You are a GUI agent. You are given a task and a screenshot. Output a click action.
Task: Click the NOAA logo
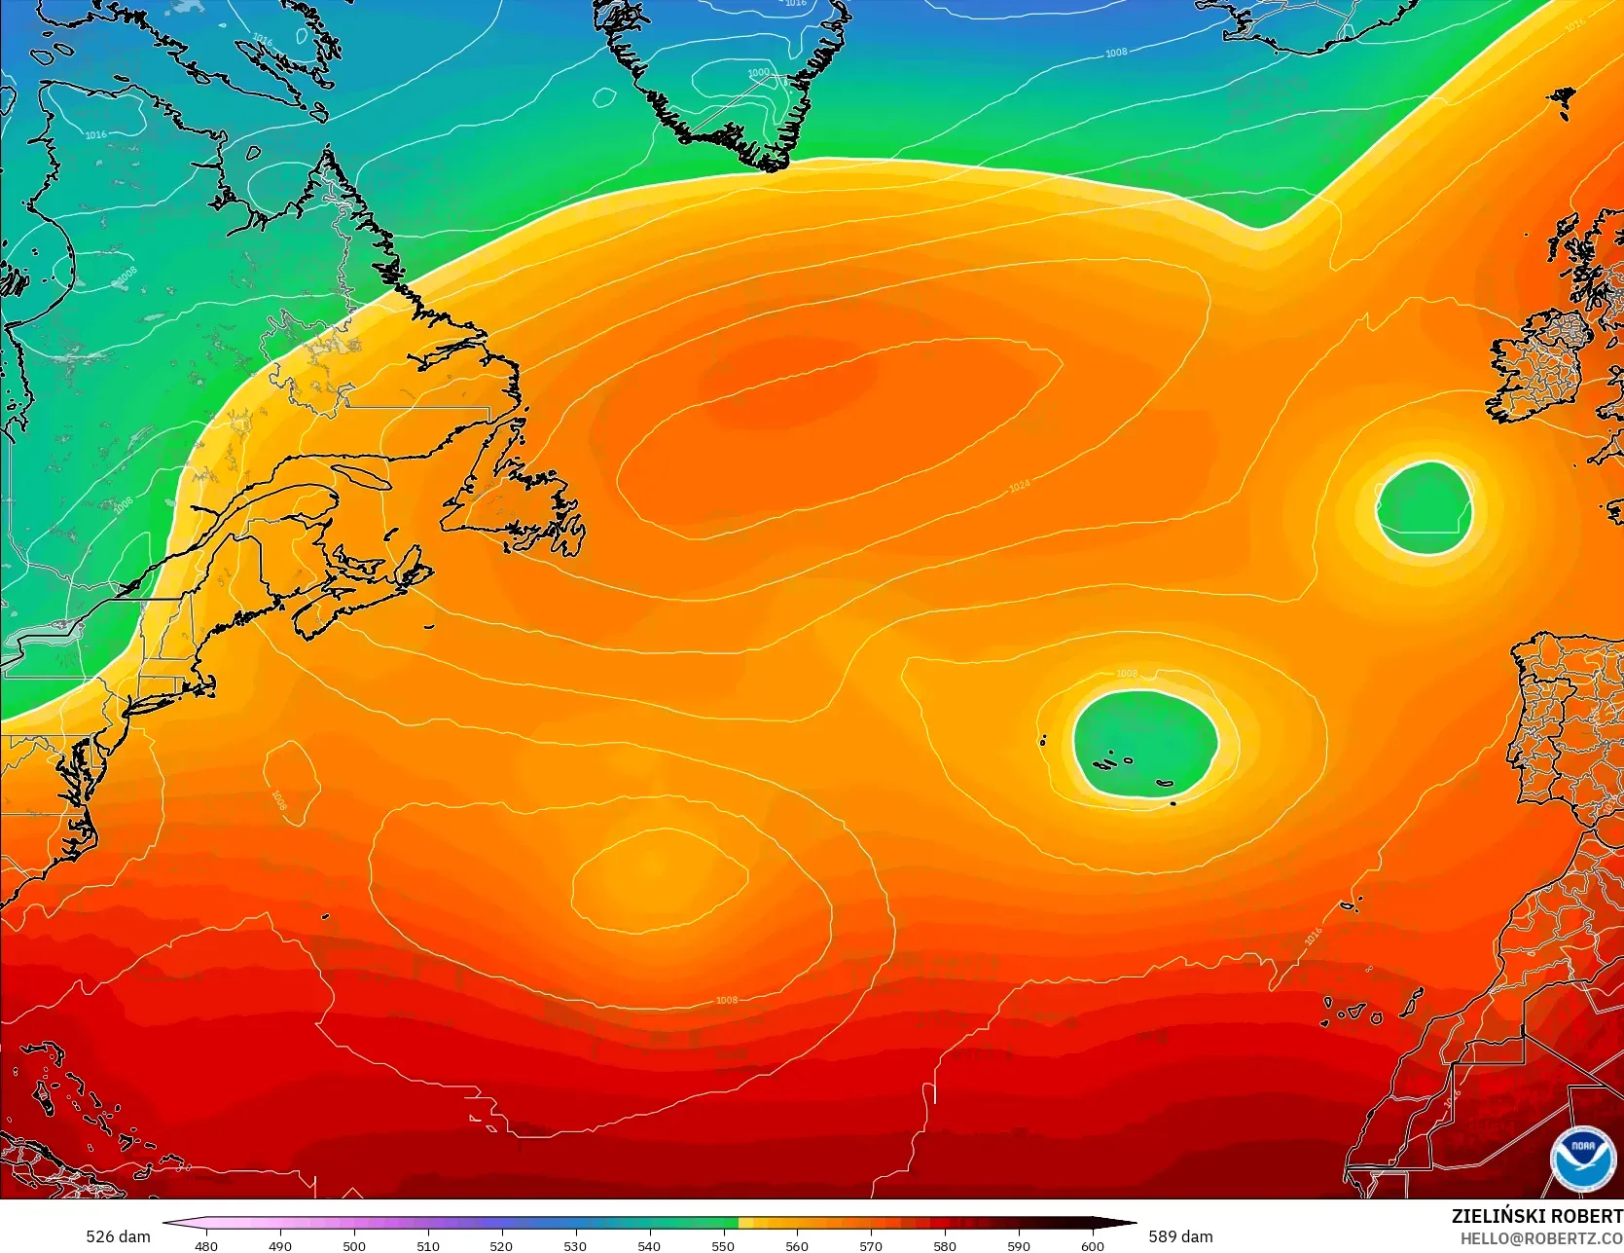click(1581, 1159)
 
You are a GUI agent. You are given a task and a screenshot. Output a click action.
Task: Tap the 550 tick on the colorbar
click(723, 1245)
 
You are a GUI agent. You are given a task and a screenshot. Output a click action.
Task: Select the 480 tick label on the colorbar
click(206, 1245)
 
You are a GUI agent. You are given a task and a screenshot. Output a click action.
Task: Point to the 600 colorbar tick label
click(1092, 1245)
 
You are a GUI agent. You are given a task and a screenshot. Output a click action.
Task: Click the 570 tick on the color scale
click(871, 1245)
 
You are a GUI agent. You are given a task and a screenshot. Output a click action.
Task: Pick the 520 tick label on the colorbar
click(501, 1245)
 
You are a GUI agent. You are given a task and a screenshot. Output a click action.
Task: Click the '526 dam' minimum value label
click(118, 1236)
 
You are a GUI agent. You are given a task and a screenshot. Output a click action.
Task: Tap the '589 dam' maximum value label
click(1180, 1236)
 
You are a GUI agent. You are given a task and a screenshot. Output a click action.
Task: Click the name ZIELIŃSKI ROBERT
click(1536, 1216)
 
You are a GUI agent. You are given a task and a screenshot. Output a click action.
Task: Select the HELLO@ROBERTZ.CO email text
click(1540, 1237)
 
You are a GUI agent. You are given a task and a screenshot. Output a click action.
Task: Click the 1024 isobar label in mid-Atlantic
click(1019, 485)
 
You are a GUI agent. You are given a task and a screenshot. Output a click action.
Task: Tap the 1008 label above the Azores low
click(1126, 673)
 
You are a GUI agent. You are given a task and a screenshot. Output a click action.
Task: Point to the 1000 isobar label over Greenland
click(758, 73)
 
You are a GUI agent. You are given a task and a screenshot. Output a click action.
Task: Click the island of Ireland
click(1542, 370)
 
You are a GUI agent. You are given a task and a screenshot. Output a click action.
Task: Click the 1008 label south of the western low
click(726, 1000)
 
